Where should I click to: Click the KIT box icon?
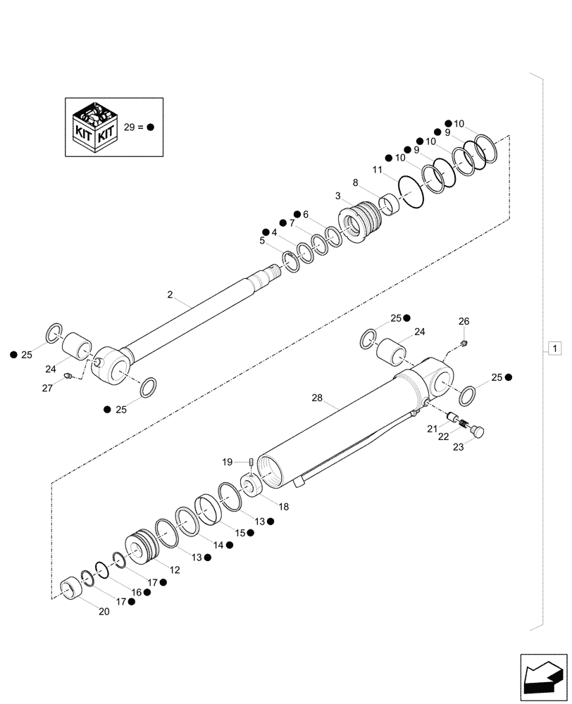click(x=93, y=127)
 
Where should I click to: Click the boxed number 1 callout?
click(x=554, y=348)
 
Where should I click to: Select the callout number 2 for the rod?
click(x=170, y=296)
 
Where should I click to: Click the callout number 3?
click(x=339, y=196)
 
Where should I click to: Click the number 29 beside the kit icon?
click(x=129, y=127)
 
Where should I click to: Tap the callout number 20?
click(x=104, y=612)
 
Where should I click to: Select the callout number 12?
click(x=175, y=570)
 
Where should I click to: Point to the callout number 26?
click(x=463, y=321)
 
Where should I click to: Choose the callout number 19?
click(x=227, y=462)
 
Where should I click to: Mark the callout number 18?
click(x=282, y=506)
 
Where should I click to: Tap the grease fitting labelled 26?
click(x=465, y=344)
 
